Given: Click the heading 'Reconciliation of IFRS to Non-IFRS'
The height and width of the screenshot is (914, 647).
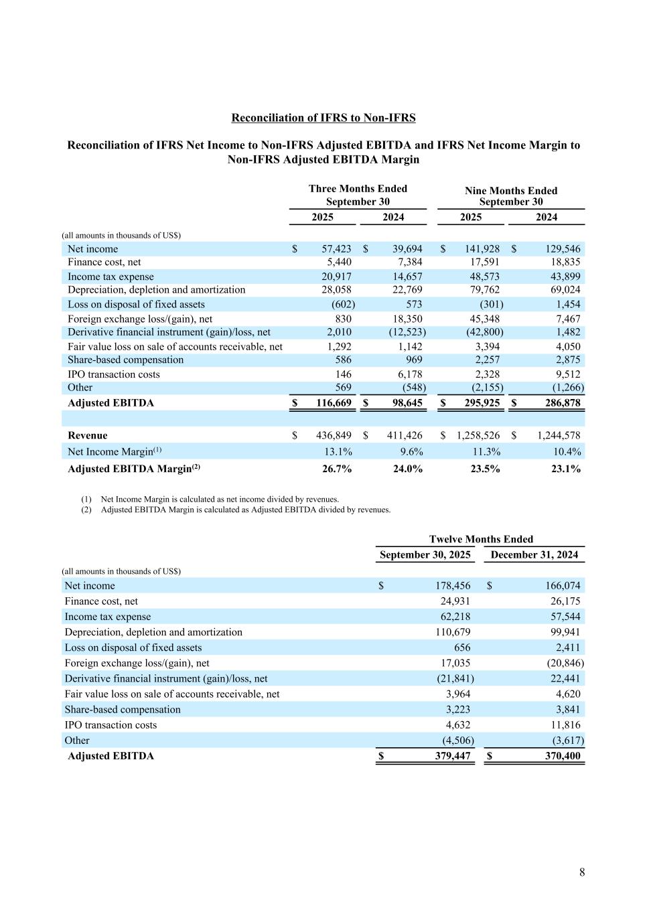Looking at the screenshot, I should (323, 118).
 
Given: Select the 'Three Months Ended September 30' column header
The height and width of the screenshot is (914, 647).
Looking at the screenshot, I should (358, 195).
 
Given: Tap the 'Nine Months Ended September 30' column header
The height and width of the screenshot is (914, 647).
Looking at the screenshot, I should (510, 196).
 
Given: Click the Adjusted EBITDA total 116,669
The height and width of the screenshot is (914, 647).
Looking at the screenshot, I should (334, 402).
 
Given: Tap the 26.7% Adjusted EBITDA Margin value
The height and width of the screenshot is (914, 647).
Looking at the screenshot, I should (337, 469).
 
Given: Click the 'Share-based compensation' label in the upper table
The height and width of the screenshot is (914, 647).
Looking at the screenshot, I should (125, 360).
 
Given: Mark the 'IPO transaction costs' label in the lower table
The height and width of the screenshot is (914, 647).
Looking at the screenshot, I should (111, 725).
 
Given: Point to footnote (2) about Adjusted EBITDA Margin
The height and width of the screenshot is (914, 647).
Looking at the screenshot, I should (245, 510).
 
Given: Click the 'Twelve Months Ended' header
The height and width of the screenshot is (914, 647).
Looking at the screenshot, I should (481, 539).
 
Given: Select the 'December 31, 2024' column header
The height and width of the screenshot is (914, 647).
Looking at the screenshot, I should (534, 554).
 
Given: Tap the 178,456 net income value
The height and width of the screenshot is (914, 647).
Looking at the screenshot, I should (453, 586).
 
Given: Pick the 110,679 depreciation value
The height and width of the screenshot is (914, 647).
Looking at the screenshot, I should (453, 632).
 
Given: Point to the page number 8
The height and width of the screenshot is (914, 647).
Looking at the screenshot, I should (582, 872).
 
